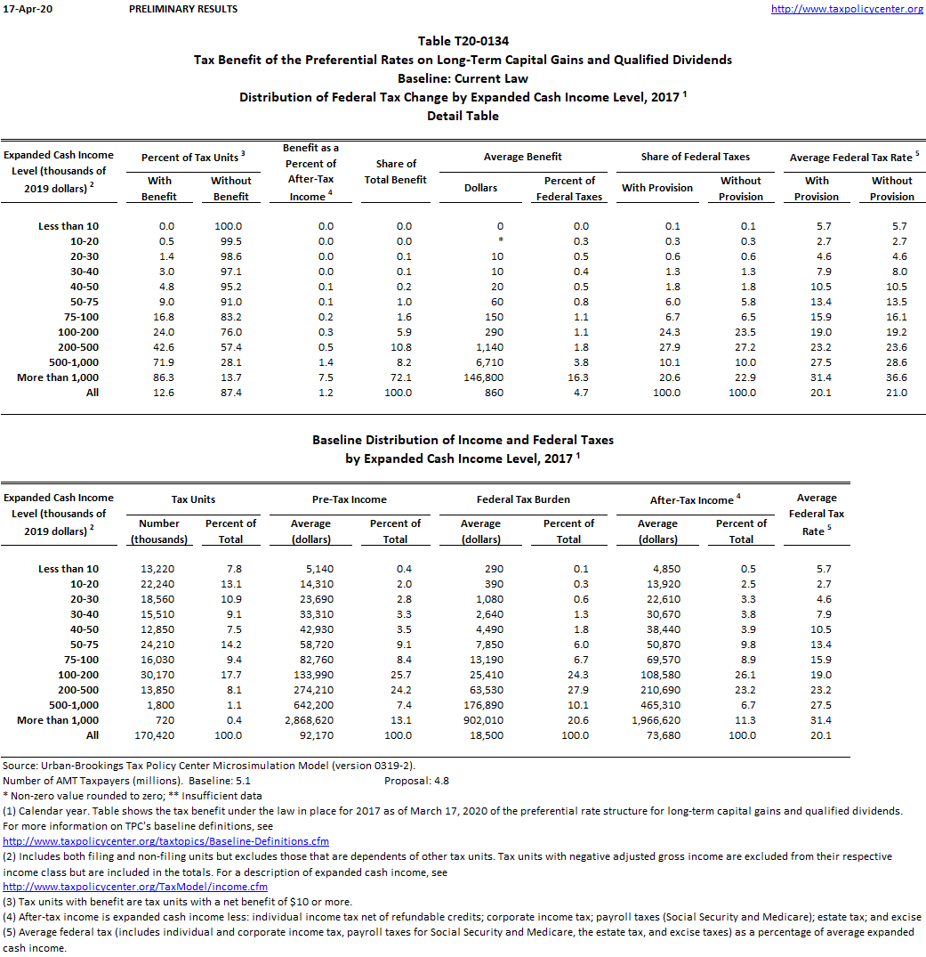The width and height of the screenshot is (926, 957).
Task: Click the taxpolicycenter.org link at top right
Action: point(847,9)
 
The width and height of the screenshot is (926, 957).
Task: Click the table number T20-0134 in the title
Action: point(482,41)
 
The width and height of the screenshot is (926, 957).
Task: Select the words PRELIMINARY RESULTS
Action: point(183,9)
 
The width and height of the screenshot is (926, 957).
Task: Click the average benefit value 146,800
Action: point(500,377)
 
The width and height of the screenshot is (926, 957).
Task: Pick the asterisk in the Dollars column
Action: point(501,241)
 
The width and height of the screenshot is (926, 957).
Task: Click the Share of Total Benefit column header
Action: point(396,172)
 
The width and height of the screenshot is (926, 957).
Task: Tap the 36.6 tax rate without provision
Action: point(892,377)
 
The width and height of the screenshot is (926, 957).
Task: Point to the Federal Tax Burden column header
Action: point(523,499)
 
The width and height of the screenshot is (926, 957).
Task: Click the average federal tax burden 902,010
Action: point(481,720)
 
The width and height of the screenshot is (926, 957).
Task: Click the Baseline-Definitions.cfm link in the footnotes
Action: point(165,841)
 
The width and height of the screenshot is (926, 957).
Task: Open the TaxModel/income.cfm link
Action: point(135,887)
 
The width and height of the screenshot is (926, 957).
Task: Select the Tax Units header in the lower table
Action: point(193,499)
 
